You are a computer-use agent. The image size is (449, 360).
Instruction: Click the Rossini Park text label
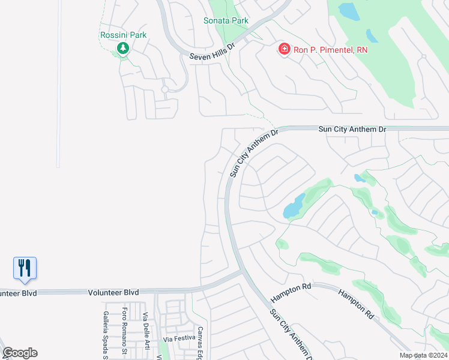[123, 35]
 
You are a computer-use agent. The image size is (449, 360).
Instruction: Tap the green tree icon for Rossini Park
[123, 48]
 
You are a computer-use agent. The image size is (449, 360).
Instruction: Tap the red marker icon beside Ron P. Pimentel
[284, 49]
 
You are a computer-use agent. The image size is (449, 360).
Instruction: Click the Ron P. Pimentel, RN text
[330, 50]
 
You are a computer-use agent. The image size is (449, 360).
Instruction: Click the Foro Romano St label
[124, 329]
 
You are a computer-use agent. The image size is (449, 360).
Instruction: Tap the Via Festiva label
[179, 339]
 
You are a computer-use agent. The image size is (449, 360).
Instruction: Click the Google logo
[20, 352]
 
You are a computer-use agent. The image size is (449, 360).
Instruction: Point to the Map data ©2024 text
[424, 355]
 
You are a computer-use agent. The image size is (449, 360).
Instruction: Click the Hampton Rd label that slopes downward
[356, 304]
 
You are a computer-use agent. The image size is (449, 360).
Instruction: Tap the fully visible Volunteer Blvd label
[113, 292]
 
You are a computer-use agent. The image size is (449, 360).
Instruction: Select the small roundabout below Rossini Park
[164, 89]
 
